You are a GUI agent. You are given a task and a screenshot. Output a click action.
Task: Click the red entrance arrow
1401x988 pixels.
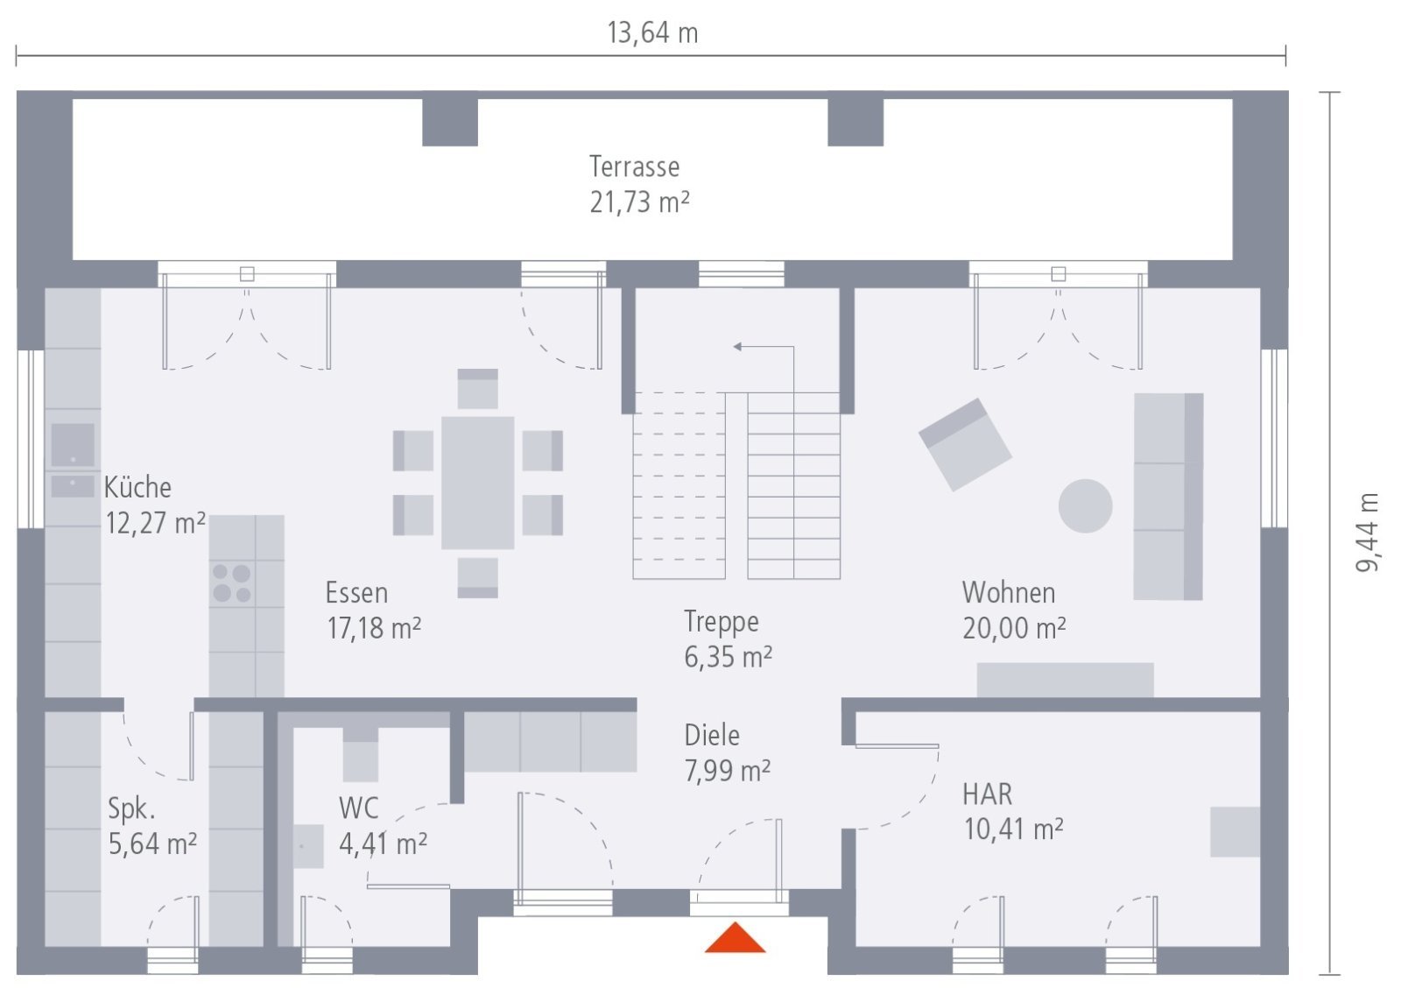(735, 939)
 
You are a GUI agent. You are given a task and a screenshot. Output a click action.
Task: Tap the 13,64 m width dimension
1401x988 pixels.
(652, 33)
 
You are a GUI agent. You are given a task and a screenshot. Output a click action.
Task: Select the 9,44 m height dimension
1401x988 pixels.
(1367, 533)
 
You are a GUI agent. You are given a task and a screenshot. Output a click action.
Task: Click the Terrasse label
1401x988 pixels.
(634, 166)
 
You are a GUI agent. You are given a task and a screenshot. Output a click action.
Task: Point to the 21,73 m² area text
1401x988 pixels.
(639, 202)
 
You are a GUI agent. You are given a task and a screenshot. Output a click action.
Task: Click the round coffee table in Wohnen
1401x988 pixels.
(1085, 506)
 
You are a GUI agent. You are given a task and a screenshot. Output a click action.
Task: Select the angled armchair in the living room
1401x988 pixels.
(965, 444)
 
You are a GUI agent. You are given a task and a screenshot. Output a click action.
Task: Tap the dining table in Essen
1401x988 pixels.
(477, 483)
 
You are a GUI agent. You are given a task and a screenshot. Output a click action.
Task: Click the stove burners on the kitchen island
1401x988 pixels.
(231, 583)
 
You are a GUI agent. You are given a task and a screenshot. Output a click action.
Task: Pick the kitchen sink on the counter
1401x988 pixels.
(73, 445)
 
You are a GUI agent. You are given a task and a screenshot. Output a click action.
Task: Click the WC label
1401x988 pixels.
(358, 807)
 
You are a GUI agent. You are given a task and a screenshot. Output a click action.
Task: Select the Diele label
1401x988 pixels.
(712, 735)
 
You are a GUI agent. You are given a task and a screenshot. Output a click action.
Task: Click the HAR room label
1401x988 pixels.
(987, 794)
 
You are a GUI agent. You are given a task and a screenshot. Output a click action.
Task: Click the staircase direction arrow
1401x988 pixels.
(739, 347)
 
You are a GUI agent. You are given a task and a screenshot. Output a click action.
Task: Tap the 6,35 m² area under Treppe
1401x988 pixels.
(728, 657)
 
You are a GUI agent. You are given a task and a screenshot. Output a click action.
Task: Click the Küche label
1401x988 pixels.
(137, 487)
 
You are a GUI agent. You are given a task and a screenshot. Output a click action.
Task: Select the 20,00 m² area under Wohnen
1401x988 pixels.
(1014, 628)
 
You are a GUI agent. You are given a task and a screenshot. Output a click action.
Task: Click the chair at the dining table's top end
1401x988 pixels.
(477, 389)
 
